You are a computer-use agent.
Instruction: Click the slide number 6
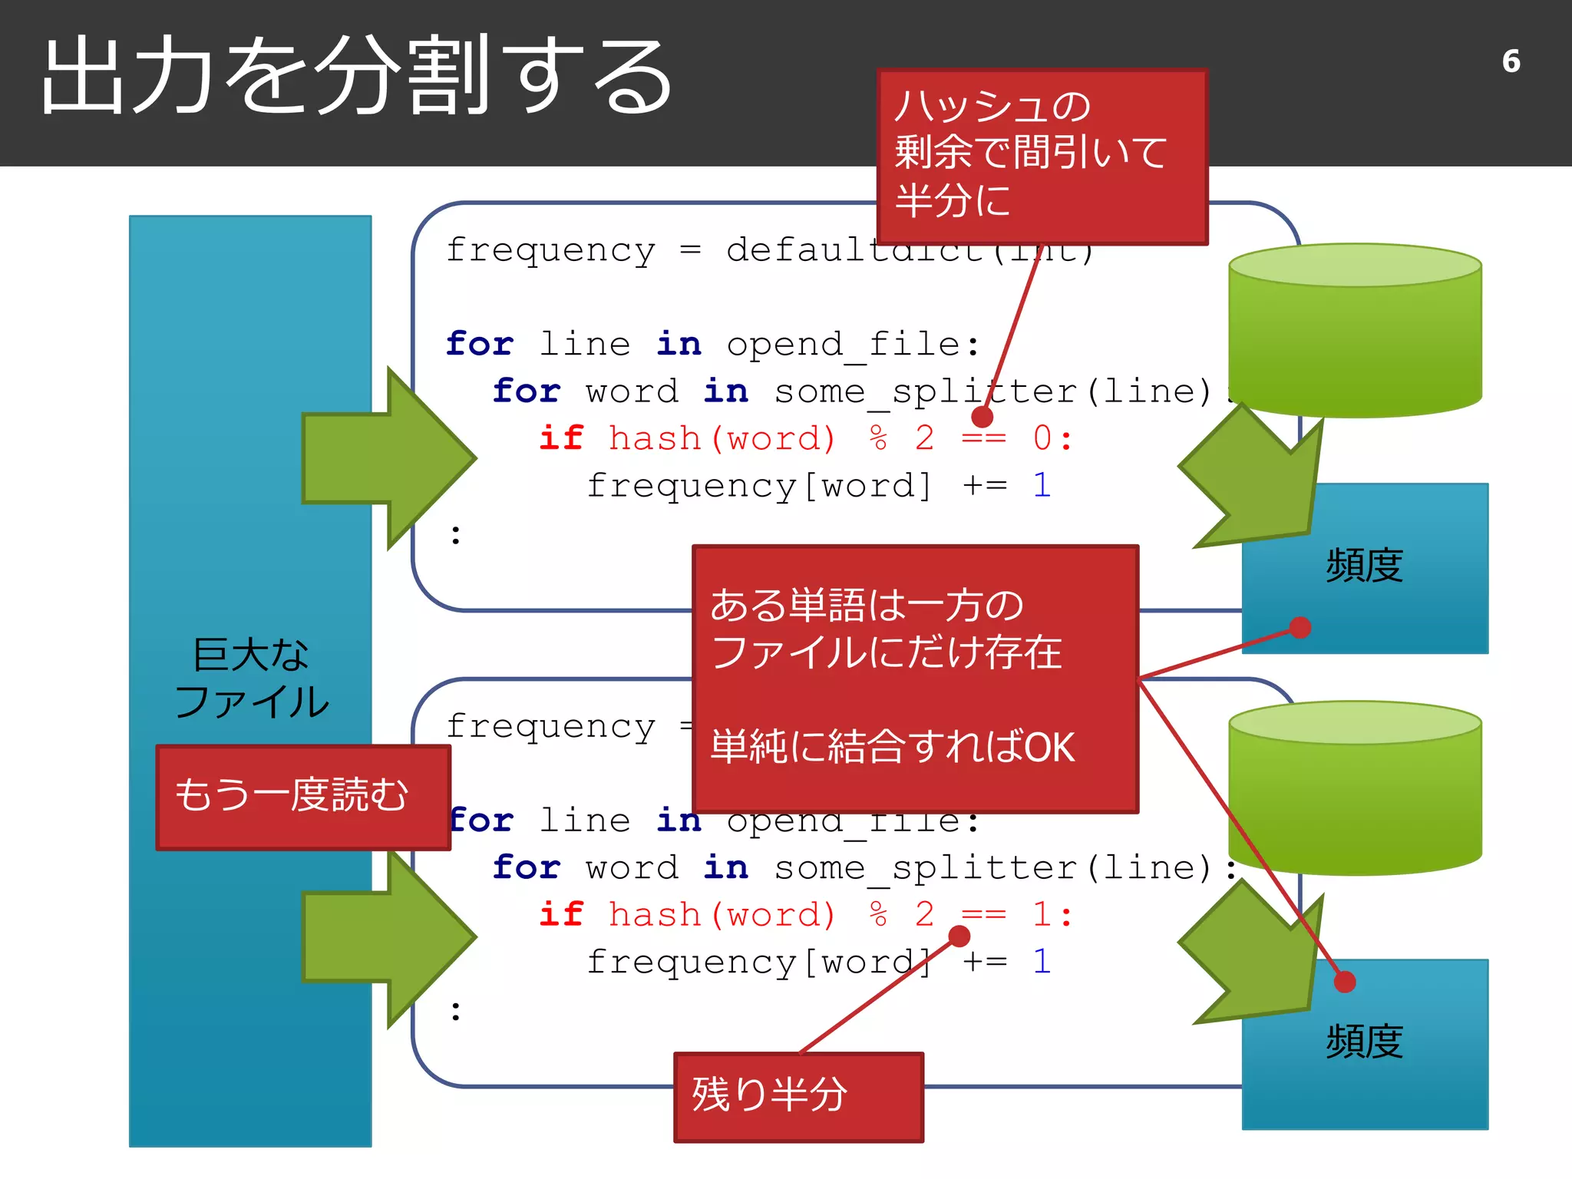[1511, 61]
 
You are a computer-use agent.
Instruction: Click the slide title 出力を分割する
[357, 77]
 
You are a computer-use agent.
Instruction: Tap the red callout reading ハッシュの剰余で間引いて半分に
[1042, 156]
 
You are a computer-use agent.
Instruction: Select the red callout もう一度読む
[302, 797]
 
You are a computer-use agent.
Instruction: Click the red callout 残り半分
[798, 1096]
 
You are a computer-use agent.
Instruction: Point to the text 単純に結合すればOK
[892, 747]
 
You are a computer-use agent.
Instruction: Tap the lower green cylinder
[1355, 788]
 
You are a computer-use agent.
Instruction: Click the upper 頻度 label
[1364, 566]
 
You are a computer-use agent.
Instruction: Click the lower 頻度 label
[1364, 1042]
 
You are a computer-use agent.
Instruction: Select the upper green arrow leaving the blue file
[388, 458]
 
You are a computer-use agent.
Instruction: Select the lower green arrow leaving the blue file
[388, 936]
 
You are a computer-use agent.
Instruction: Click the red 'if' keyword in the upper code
[560, 438]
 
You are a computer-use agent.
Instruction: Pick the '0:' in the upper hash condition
[1052, 438]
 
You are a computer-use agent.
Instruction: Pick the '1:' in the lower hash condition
[1052, 914]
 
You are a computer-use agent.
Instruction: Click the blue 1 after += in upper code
[1042, 486]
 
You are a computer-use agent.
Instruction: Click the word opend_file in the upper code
[843, 345]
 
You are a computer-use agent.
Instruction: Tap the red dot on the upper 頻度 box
[1300, 627]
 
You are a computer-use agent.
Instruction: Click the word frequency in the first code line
[550, 250]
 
